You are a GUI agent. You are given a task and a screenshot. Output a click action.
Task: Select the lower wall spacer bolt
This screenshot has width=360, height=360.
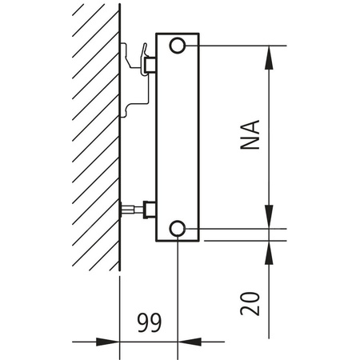pyautogui.click(x=130, y=210)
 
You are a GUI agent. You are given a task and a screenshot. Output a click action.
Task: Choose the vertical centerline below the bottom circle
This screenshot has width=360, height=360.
pyautogui.click(x=177, y=296)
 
